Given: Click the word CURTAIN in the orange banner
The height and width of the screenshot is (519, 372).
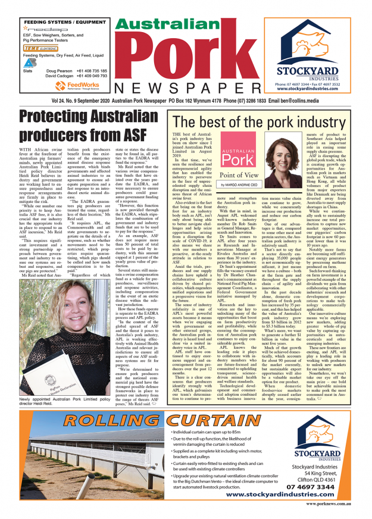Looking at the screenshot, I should [x=196, y=422].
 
